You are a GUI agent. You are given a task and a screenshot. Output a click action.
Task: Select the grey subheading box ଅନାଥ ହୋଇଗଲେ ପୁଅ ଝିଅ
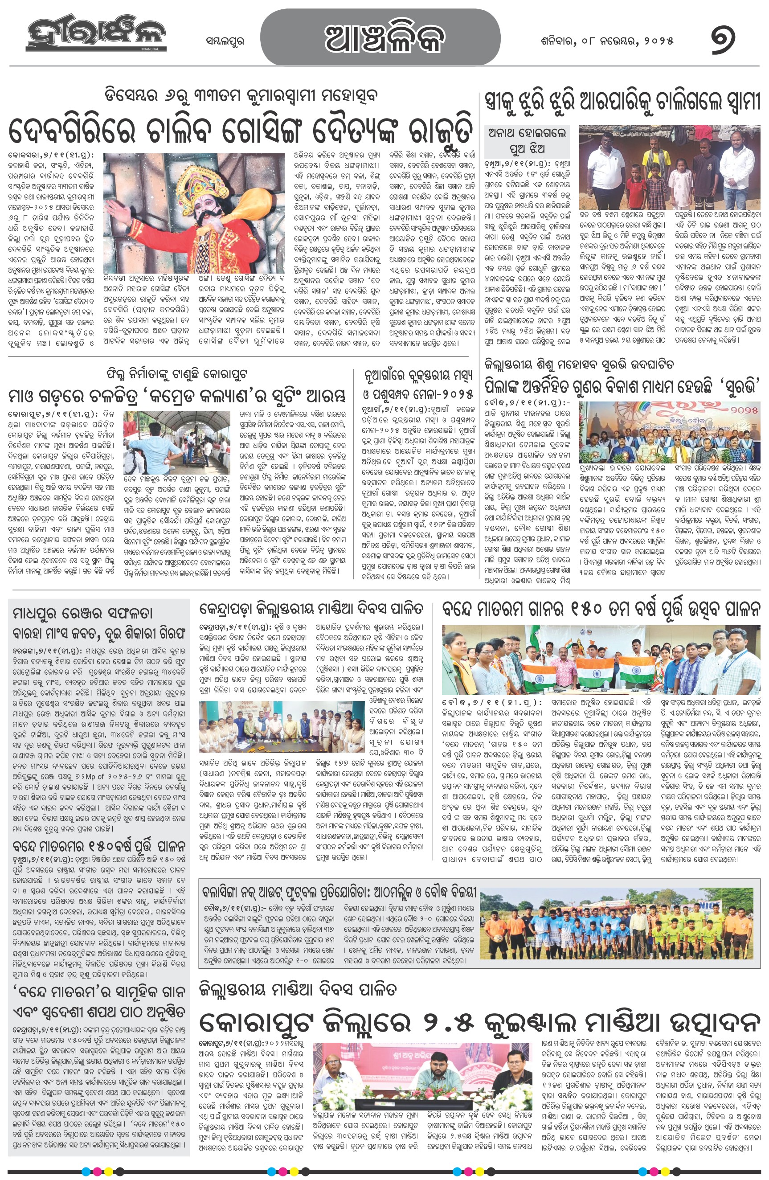pyautogui.click(x=527, y=140)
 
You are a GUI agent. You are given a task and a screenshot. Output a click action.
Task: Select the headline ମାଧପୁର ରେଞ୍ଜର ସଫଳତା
pyautogui.click(x=83, y=613)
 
